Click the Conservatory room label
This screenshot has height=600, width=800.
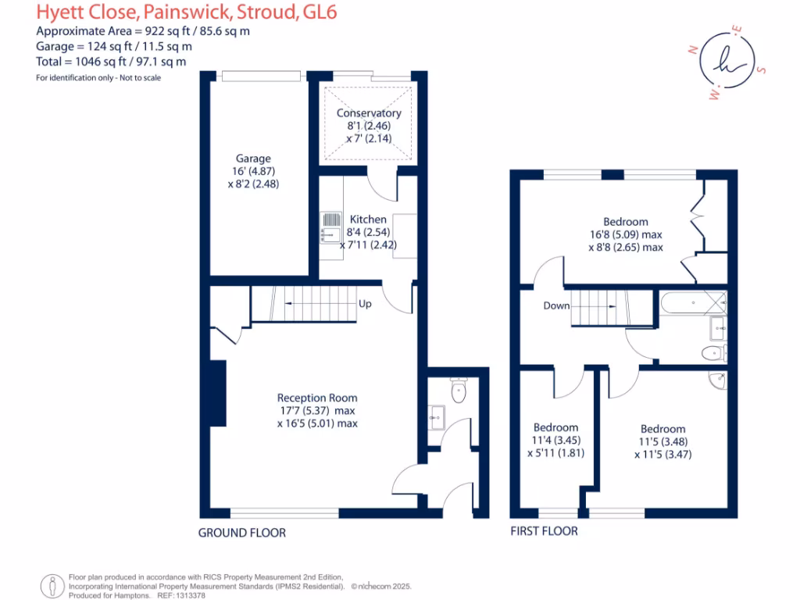[x=368, y=113]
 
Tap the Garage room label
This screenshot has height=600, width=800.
[x=253, y=159]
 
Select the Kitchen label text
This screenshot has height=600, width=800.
[x=367, y=220]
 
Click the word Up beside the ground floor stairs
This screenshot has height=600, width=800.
[x=365, y=304]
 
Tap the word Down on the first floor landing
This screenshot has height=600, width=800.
[x=556, y=305]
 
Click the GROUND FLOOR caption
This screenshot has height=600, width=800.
[x=241, y=533]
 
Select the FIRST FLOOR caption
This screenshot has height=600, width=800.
[x=544, y=531]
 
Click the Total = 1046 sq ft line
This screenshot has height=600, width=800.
[x=112, y=61]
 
